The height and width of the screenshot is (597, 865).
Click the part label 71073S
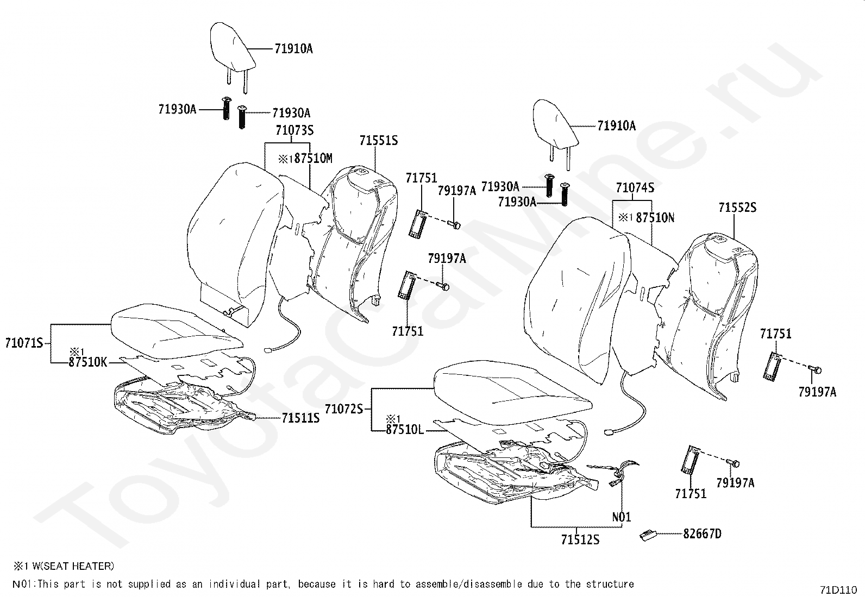[x=294, y=130]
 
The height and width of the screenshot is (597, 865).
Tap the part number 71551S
[x=378, y=141]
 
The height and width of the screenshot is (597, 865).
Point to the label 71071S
[x=24, y=343]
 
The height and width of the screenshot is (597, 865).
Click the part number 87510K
[x=88, y=362]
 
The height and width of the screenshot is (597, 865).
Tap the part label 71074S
[x=635, y=188]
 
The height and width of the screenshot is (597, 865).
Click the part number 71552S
[x=737, y=208]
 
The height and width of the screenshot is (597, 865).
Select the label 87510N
[x=655, y=218]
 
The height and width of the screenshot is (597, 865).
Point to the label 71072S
[x=343, y=409]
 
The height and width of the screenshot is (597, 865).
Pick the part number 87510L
[x=405, y=429]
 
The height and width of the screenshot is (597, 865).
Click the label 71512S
[x=580, y=540]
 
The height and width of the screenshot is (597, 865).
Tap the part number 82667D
[x=702, y=534]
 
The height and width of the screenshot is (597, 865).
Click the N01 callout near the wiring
[x=622, y=517]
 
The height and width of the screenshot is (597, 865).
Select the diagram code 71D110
[x=838, y=589]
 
